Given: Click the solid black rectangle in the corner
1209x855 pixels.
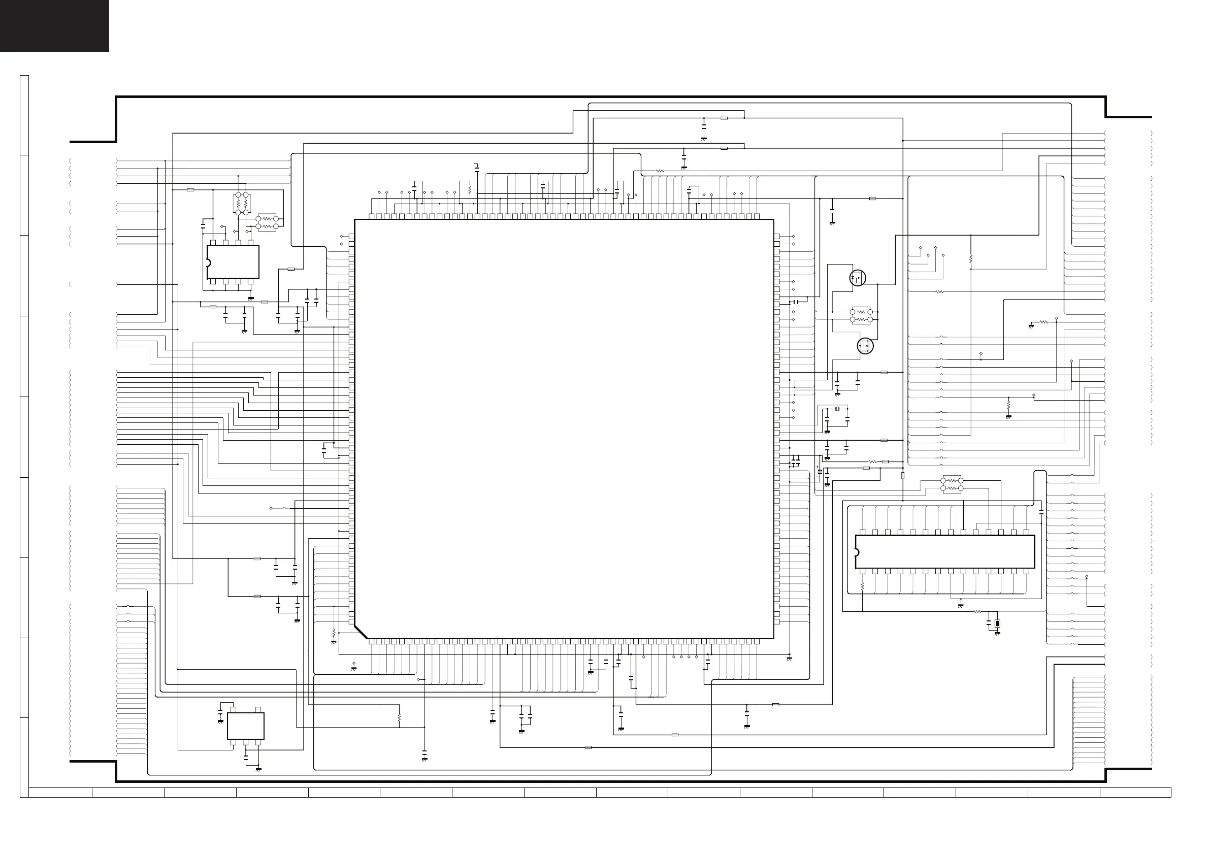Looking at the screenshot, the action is tap(54, 25).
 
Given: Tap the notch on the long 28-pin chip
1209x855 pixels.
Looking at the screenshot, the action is tap(857, 552).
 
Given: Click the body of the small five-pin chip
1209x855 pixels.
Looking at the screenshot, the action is tap(245, 726).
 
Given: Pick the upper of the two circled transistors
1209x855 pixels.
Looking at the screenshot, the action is tap(858, 278).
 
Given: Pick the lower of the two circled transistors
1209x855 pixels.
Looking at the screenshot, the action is tap(865, 345).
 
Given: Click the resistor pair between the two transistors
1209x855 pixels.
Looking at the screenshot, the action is tap(862, 316).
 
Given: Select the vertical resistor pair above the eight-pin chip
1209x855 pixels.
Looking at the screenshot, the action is tap(242, 204).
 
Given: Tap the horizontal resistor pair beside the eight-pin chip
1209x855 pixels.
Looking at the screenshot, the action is tap(267, 222).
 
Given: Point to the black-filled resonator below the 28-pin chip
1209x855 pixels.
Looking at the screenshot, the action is tap(997, 624).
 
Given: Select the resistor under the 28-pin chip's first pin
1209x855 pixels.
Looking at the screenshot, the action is tap(863, 586).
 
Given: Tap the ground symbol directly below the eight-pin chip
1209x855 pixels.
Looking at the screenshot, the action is tap(251, 299).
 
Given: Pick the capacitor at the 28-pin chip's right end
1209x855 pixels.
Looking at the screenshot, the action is tap(1041, 511).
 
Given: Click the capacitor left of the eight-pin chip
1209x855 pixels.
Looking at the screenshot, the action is tap(203, 226).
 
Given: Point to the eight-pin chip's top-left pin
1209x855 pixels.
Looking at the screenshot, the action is tap(212, 243).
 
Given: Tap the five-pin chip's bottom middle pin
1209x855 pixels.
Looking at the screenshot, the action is tap(245, 742).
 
